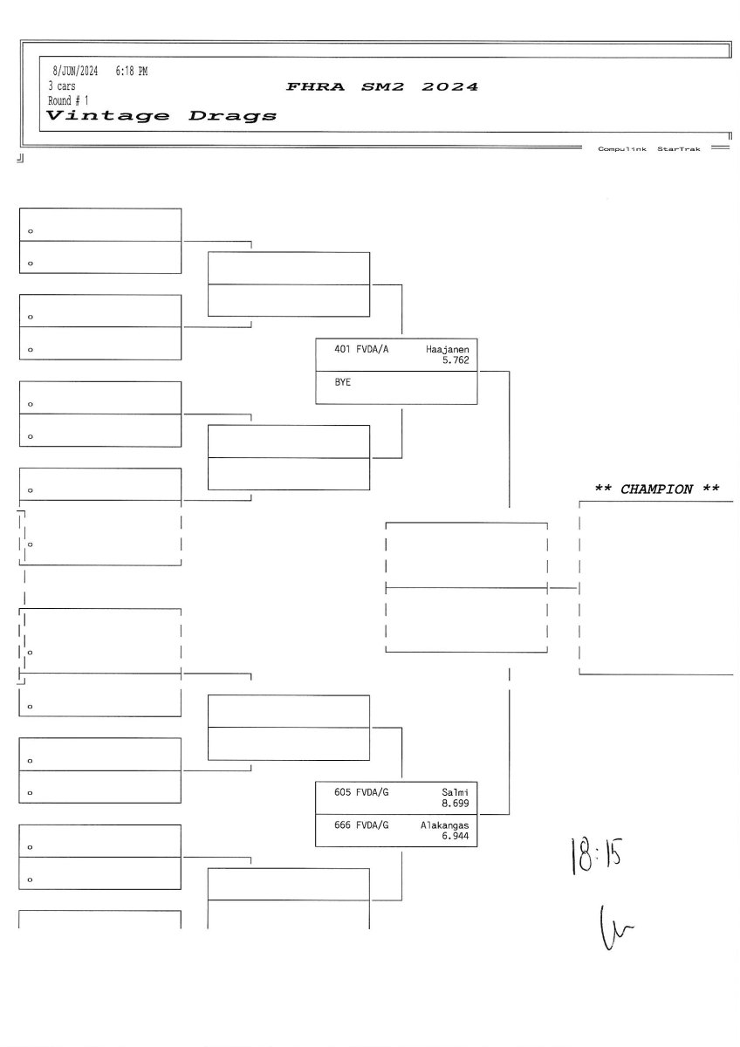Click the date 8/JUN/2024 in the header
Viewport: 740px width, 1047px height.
pyautogui.click(x=75, y=72)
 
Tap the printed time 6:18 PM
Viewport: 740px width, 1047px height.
pyautogui.click(x=131, y=72)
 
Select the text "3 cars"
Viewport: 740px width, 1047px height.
pyautogui.click(x=62, y=86)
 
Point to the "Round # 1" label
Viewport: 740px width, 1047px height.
pyautogui.click(x=68, y=100)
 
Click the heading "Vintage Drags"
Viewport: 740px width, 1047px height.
pyautogui.click(x=161, y=116)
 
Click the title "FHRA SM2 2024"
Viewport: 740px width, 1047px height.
pyautogui.click(x=381, y=87)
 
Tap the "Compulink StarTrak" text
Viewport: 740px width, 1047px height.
pyautogui.click(x=648, y=149)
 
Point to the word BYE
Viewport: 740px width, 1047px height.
pyautogui.click(x=342, y=382)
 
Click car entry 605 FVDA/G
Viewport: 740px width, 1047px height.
pyautogui.click(x=361, y=792)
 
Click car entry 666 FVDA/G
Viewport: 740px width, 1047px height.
pyautogui.click(x=361, y=825)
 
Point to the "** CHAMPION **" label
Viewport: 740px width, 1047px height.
pyautogui.click(x=656, y=489)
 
